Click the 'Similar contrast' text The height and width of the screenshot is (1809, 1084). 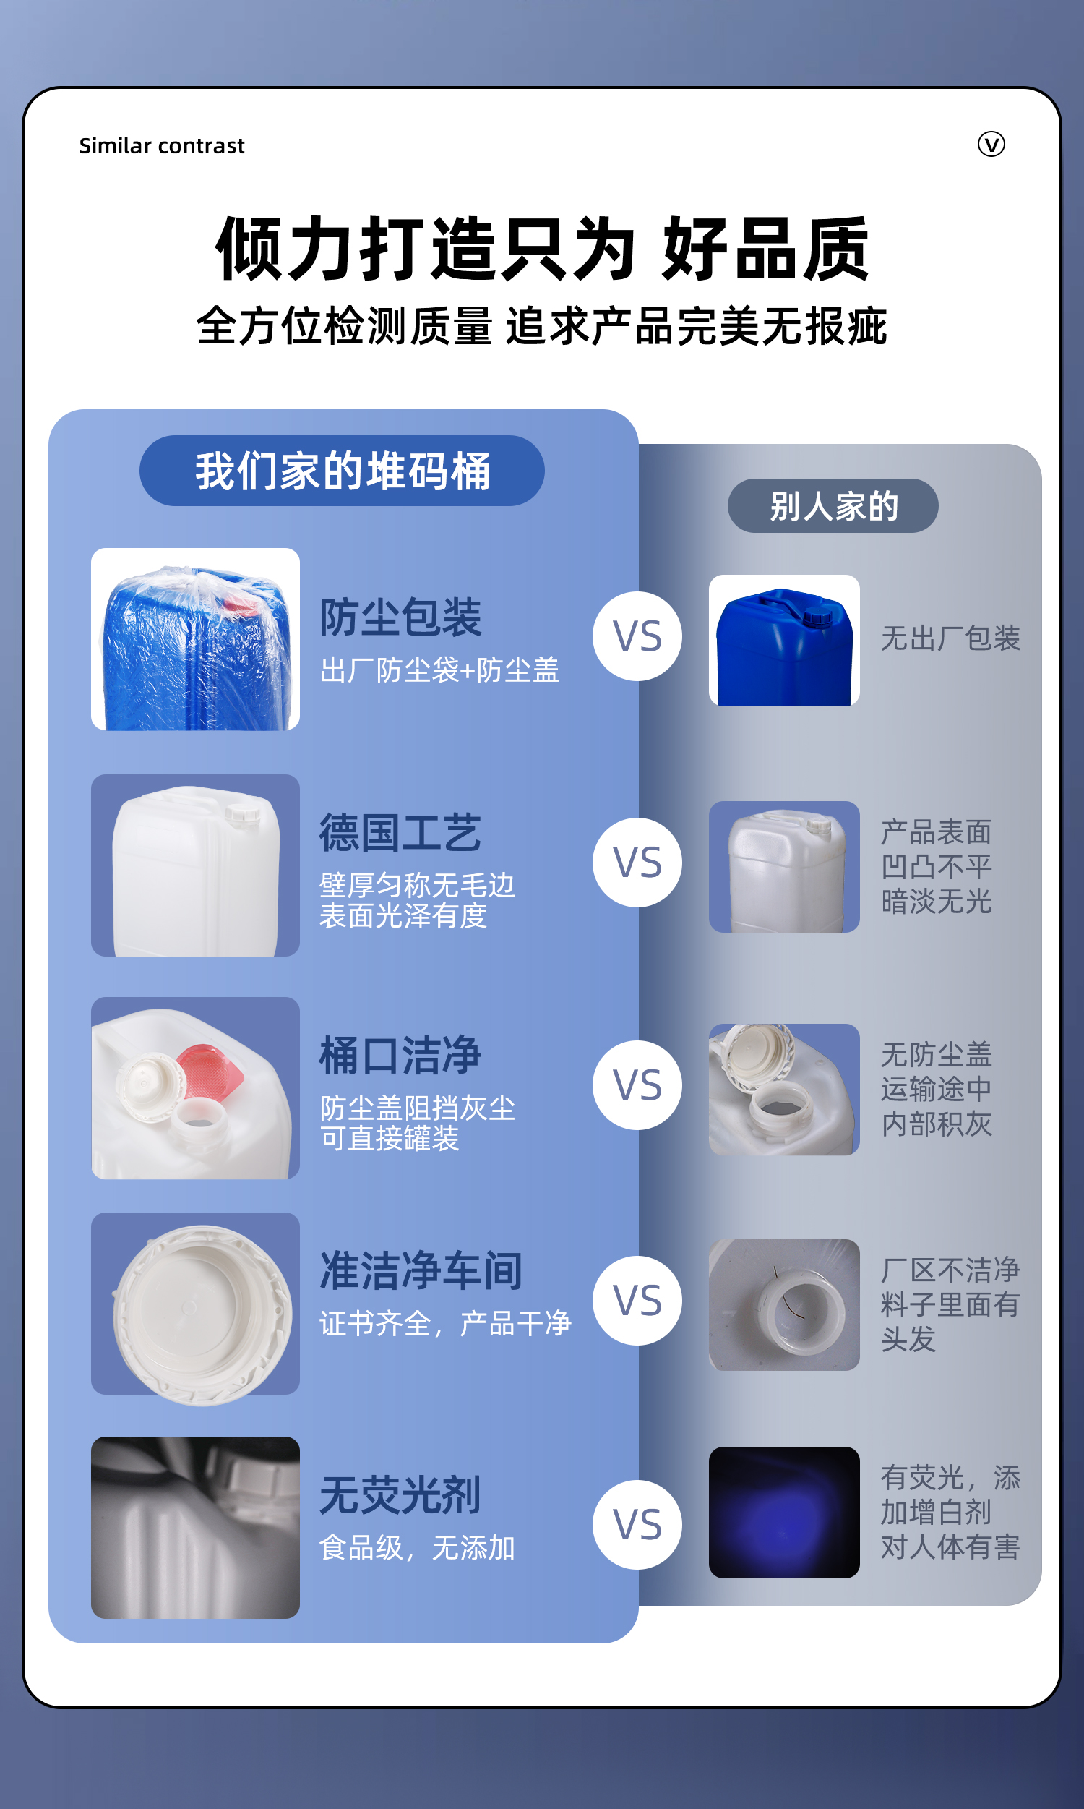[161, 146]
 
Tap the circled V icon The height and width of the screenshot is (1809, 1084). [991, 144]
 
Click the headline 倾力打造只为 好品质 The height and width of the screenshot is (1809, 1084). [542, 249]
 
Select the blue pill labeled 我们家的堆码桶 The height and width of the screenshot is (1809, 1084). [342, 471]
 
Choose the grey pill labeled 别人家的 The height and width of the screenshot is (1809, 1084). [833, 505]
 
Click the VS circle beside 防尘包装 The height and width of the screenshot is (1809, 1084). [637, 636]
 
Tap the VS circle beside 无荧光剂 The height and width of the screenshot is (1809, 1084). [637, 1525]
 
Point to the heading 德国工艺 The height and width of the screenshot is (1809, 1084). [400, 833]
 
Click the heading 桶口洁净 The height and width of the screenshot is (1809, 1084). [400, 1056]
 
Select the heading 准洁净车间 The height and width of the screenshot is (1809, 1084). [421, 1271]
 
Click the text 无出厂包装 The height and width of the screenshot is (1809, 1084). [950, 638]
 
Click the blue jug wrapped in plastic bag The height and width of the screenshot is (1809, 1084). [195, 639]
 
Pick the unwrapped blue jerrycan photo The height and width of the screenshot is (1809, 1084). [784, 641]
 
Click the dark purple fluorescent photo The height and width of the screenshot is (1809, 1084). [784, 1513]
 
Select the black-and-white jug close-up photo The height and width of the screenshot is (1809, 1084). [195, 1528]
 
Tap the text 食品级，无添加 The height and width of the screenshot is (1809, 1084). [417, 1547]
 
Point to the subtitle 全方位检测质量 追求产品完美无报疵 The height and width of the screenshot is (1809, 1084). [542, 326]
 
